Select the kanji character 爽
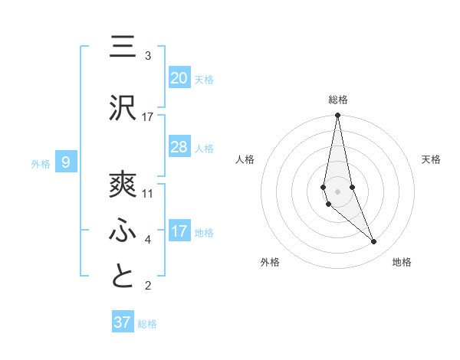click(x=123, y=183)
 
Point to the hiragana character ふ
click(x=123, y=229)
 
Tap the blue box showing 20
click(x=179, y=78)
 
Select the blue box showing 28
click(x=179, y=147)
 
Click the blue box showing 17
click(x=179, y=231)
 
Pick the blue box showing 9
click(x=66, y=162)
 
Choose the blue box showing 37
click(x=123, y=322)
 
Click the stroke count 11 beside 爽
click(x=148, y=194)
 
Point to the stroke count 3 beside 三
click(x=148, y=56)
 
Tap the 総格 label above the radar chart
click(x=338, y=100)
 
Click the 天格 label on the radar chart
click(x=432, y=159)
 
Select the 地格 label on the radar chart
click(x=402, y=262)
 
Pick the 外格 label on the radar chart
click(x=270, y=262)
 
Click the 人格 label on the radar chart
click(x=245, y=159)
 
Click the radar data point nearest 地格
click(x=374, y=242)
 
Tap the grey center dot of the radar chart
click(x=338, y=191)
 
